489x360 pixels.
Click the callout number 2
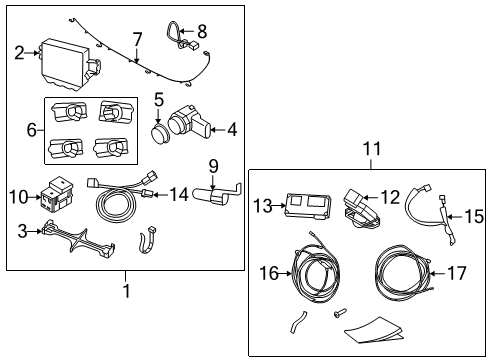19,53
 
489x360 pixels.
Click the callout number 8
202,31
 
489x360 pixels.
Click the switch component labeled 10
59,194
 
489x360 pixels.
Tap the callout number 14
179,193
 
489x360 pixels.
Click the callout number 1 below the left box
125,290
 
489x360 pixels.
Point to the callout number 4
232,128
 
